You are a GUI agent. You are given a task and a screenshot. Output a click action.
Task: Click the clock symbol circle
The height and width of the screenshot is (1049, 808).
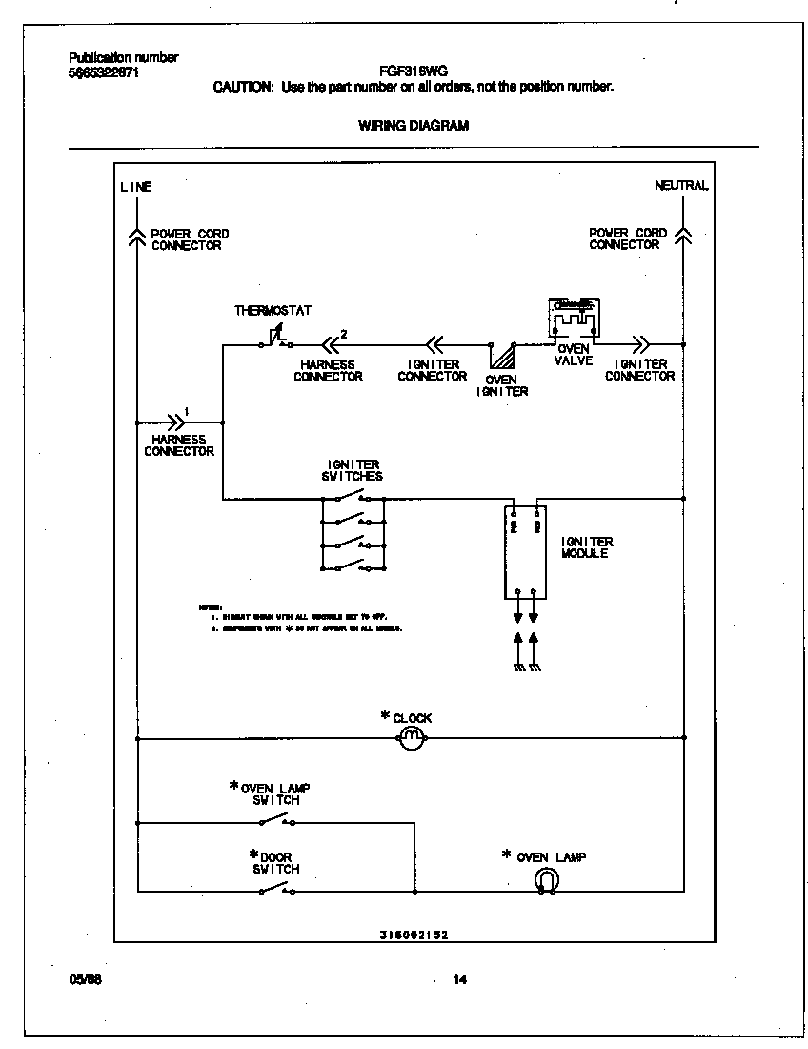(x=411, y=738)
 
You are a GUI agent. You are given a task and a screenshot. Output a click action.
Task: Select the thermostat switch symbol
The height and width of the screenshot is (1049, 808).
(x=276, y=339)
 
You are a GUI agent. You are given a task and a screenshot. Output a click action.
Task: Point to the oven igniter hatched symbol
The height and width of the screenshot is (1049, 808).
(x=500, y=357)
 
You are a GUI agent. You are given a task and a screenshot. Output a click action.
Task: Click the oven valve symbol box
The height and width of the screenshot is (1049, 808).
(x=574, y=319)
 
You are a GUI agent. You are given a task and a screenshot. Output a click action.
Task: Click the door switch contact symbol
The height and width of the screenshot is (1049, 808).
(x=276, y=890)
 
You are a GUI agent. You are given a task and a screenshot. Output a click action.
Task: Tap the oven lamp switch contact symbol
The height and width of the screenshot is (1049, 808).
(x=276, y=820)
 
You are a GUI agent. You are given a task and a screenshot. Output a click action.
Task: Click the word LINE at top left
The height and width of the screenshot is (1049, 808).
(x=135, y=187)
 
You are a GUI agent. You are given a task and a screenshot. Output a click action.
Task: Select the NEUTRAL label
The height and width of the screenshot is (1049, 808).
(x=681, y=186)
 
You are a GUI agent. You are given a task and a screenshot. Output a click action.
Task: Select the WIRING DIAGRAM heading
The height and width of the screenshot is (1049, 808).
(x=413, y=125)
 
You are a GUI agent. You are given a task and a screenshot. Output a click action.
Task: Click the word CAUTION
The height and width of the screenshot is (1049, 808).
(x=244, y=87)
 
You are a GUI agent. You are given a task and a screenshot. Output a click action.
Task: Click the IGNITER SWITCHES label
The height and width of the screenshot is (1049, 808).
(x=353, y=470)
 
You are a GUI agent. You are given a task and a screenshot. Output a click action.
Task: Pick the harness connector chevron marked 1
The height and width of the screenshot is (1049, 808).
(x=175, y=421)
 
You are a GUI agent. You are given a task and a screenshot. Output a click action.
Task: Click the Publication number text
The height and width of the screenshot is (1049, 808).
(x=124, y=58)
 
